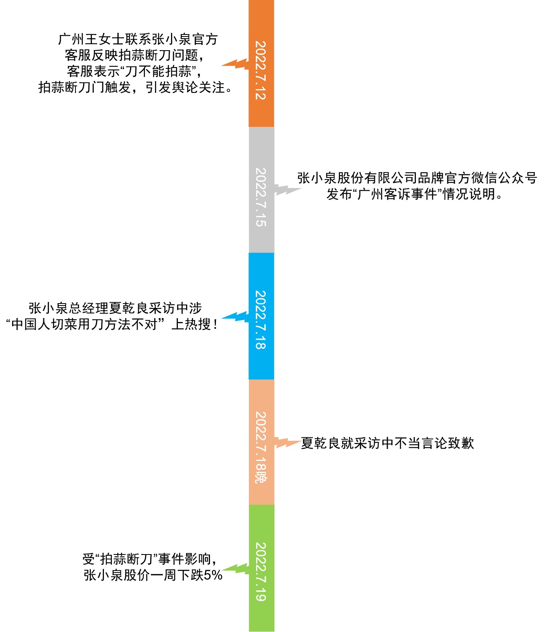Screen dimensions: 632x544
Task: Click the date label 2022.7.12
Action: pos(261,70)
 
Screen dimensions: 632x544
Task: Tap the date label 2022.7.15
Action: pos(261,197)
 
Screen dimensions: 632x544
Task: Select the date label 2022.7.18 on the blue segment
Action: pos(261,320)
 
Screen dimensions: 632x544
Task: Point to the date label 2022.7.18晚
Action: pos(261,447)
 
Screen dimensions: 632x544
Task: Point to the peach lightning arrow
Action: pos(287,443)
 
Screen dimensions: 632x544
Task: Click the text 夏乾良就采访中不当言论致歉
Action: pos(387,443)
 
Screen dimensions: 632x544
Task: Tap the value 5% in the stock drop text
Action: pos(213,575)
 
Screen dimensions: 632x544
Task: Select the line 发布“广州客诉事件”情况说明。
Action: pos(415,194)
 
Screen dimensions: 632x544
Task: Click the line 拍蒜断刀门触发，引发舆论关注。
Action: pos(135,87)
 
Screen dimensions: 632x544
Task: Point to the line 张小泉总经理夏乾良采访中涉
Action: pos(115,308)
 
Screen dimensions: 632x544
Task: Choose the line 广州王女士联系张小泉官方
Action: pos(138,39)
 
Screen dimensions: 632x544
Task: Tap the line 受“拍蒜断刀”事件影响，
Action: pos(150,559)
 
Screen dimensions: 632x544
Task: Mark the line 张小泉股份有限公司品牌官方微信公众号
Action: pos(417,178)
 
